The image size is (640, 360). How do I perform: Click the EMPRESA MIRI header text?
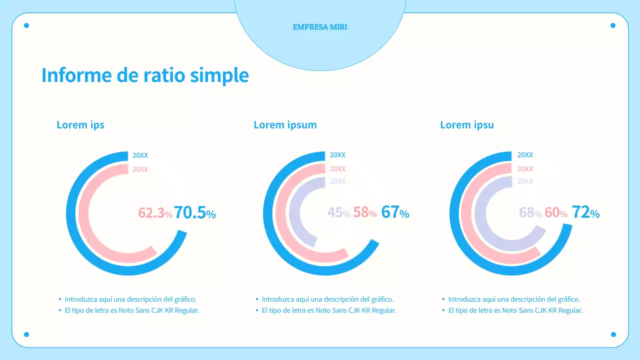pos(320,27)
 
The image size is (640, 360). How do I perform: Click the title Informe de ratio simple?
pos(145,75)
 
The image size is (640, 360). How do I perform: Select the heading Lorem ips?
pos(80,125)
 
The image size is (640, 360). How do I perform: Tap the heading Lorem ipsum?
pos(285,125)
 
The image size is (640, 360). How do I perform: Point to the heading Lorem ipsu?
pos(467,125)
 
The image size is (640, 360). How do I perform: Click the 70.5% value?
pos(195,213)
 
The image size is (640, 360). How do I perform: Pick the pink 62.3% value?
pos(155,213)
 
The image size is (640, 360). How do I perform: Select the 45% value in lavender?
pos(338,213)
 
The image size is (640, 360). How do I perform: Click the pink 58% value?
pos(364,213)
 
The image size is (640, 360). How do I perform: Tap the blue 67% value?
pos(395,212)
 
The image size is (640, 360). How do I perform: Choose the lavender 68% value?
pos(530,213)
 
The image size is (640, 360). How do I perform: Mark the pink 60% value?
pos(555,213)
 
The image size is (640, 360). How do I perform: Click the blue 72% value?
pos(585,212)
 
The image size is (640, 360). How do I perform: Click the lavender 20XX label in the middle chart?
pos(337,181)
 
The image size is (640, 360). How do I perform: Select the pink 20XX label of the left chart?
pos(140,169)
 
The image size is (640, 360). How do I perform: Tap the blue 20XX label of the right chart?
pos(525,155)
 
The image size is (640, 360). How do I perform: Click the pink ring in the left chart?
pos(85,215)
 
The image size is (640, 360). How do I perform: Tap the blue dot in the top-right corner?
pos(613,25)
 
